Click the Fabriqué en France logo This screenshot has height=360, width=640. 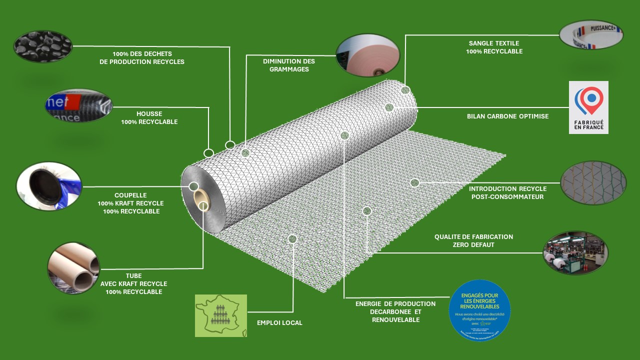pos(588,107)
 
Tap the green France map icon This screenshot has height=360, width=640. pos(220,315)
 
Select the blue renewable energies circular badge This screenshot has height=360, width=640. pos(479,310)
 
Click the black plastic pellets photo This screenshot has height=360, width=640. pos(42,46)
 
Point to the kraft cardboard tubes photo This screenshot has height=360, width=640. pos(73,268)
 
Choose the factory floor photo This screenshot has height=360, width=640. pos(575,252)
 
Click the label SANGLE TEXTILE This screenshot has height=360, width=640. pos(494,43)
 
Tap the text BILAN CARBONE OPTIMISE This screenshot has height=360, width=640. pos(507,116)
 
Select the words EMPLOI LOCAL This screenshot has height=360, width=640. pos(279,323)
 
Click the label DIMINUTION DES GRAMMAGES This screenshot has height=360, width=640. pos(289,65)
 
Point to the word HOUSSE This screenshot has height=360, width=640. pos(149,114)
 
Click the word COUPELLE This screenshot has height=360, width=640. pos(130,195)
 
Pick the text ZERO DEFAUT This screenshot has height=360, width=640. pos(473,245)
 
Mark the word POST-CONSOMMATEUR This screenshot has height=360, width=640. pos(507,197)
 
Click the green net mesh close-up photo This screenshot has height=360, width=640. pos(593,183)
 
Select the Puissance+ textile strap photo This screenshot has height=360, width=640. pos(591,34)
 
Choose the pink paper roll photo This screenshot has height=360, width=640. pos(367,55)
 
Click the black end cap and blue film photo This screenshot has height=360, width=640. pos(49,185)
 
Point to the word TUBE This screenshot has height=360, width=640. pos(133,276)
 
